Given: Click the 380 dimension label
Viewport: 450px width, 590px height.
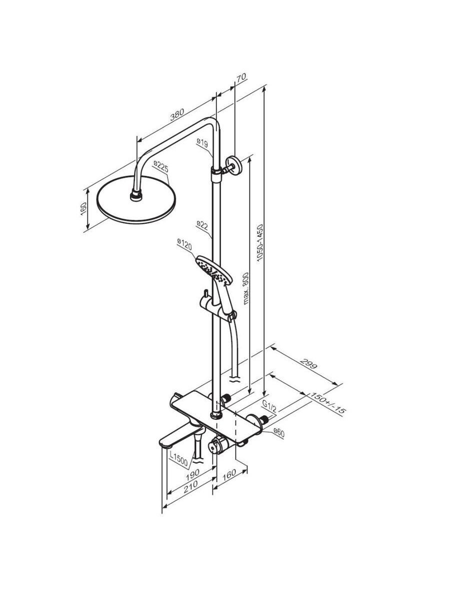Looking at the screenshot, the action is coord(177,114).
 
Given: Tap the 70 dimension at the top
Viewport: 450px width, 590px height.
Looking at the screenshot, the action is coord(241,77).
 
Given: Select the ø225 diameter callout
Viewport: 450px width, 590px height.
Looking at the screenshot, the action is coord(161,166).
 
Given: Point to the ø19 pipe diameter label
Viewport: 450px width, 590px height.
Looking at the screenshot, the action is coord(202,143).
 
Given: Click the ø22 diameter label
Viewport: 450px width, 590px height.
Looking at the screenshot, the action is coord(202,225).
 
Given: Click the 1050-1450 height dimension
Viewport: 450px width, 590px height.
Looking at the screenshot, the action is coord(259,243).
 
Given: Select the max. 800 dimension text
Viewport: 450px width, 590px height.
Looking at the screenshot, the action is coord(245,288).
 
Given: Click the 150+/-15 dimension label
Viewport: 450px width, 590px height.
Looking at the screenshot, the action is coord(326,403).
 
